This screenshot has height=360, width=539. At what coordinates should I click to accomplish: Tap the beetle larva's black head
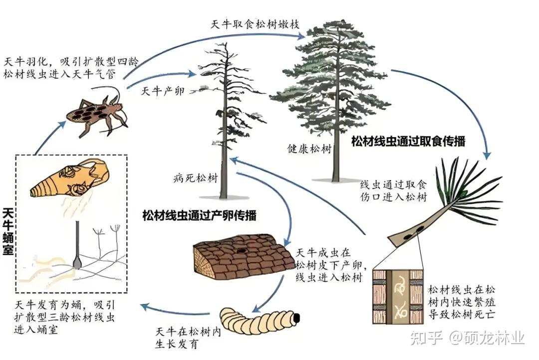click(x=296, y=318)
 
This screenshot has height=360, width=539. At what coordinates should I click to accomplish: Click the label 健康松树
click(x=309, y=149)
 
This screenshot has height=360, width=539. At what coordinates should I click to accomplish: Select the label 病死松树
click(x=196, y=178)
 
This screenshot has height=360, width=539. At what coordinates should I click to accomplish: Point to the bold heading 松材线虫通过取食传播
click(x=408, y=141)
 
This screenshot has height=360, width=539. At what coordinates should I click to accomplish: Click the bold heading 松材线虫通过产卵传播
click(x=199, y=215)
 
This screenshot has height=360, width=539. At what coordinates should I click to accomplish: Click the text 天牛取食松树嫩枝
click(x=255, y=24)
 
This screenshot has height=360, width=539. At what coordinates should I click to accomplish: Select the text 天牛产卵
click(x=163, y=91)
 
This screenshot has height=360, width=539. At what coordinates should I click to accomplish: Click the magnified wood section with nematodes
click(x=398, y=297)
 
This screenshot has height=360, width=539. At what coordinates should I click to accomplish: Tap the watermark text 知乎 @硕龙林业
click(x=468, y=338)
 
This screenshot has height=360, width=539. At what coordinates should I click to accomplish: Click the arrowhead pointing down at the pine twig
click(x=487, y=155)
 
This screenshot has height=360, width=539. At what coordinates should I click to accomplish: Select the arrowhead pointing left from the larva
click(x=146, y=306)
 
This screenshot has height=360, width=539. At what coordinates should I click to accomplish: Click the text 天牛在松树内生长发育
click(x=188, y=338)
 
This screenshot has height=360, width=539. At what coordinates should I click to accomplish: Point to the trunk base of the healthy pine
click(x=335, y=178)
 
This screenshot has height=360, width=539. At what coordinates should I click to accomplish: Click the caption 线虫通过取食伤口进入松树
click(x=394, y=190)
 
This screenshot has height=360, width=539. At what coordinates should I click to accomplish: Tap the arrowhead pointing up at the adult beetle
click(x=62, y=124)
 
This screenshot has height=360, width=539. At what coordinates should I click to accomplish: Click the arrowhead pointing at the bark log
click(x=288, y=240)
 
